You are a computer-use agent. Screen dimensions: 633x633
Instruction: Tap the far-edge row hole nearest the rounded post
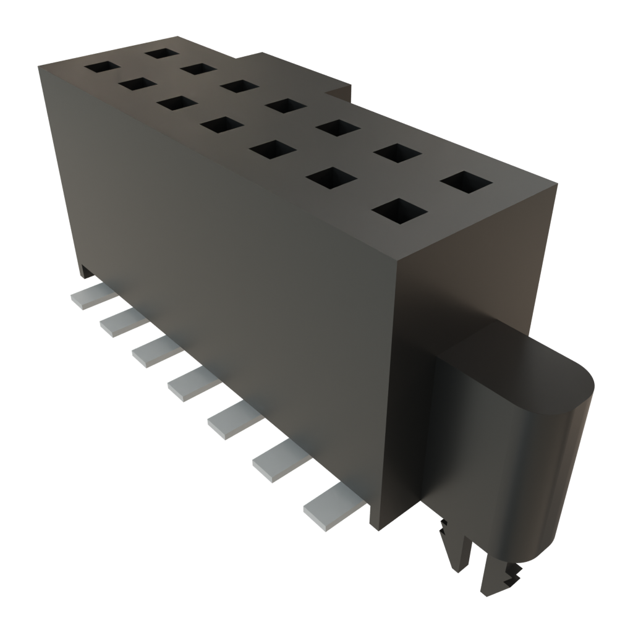[x=467, y=183]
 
